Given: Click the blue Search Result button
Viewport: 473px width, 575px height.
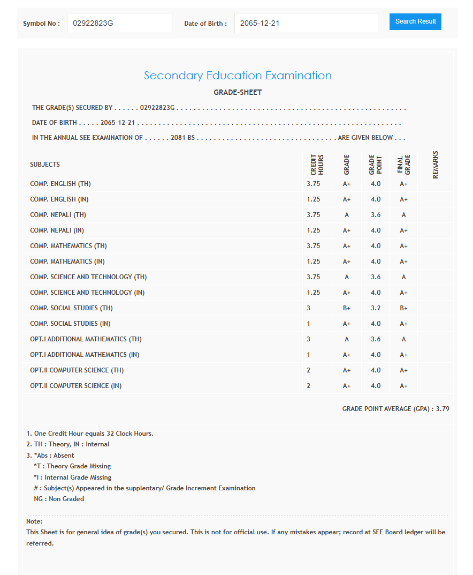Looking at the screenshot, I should coord(415,22).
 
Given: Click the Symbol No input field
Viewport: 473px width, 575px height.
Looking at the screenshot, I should coord(119,24).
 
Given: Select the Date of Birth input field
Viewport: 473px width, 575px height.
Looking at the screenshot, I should coord(306,24).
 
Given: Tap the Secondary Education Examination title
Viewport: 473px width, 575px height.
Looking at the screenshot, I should coord(238,76).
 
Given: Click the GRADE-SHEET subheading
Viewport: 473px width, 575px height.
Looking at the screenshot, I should coord(238,92).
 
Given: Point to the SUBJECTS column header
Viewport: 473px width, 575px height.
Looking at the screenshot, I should coord(45,165).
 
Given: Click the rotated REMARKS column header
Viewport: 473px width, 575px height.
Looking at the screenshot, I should coord(435,165).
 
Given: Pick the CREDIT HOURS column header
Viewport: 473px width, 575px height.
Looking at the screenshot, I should coord(317,165).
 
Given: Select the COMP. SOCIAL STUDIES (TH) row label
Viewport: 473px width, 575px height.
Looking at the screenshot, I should coord(71,308).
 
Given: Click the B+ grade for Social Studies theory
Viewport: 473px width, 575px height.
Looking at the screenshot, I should coord(346,308).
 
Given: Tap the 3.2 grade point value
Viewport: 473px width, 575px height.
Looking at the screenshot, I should coord(375,308).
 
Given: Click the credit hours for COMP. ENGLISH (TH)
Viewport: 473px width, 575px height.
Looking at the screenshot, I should coord(314,184).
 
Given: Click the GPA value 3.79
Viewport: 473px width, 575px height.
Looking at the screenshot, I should coord(443,409).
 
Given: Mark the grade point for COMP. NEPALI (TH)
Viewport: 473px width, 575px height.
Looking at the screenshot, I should coord(375,215).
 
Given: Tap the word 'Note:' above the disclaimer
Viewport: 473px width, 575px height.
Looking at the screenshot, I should coord(34,521).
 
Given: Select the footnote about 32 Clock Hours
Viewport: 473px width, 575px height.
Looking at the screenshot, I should coord(90,434).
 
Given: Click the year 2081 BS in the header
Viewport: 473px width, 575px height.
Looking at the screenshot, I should coord(182,138).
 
